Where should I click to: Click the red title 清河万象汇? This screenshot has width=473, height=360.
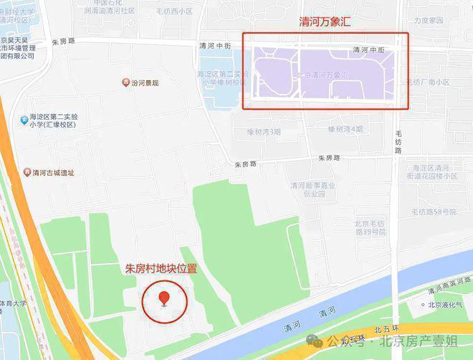point(327,22)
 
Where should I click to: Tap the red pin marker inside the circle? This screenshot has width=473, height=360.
point(165,298)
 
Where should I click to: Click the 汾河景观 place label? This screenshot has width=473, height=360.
point(145,83)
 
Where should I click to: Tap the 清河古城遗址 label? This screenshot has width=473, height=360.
point(53,173)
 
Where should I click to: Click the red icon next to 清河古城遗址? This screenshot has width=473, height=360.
point(27,173)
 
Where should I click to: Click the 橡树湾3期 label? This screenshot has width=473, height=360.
point(264,132)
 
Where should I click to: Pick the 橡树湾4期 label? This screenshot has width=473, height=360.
point(345,129)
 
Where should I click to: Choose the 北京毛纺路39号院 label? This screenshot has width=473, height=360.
point(370,227)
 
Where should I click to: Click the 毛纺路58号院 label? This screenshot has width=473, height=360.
point(433,212)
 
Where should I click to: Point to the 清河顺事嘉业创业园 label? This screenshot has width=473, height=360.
point(309,189)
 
